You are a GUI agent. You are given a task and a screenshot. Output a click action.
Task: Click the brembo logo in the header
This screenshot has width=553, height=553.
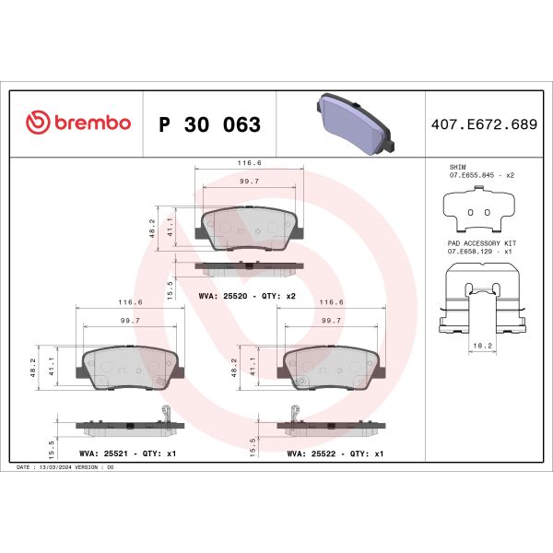coord(78,124)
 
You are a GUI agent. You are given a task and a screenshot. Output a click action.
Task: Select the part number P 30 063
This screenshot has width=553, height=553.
coord(209,124)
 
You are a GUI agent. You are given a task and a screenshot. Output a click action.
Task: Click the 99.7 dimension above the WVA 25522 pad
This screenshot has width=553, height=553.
coord(330,319)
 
